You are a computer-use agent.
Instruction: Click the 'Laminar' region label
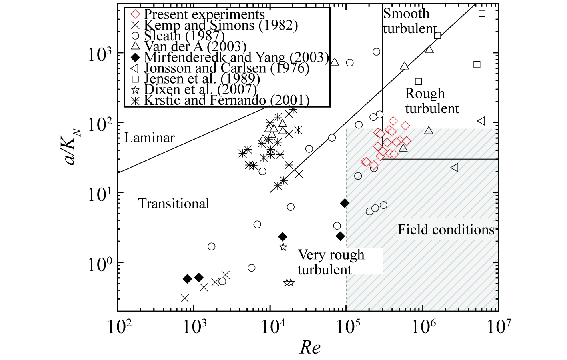tap(149, 138)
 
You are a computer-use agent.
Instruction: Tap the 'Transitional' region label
tap(174, 204)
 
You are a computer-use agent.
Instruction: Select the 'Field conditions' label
tap(446, 230)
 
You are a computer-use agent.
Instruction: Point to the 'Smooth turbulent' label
tap(410, 21)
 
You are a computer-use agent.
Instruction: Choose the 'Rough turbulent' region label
tap(432, 101)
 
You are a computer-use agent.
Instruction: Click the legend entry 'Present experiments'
tap(198, 14)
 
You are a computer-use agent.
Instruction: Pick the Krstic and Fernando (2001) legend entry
tap(220, 100)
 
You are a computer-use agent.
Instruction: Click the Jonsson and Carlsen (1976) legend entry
tap(220, 68)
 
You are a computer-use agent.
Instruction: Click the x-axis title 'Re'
tap(310, 348)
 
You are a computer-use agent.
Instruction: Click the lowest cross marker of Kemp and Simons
tap(185, 298)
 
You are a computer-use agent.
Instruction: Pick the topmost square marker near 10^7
tap(482, 14)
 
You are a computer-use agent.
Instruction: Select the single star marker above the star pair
tap(283, 247)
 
